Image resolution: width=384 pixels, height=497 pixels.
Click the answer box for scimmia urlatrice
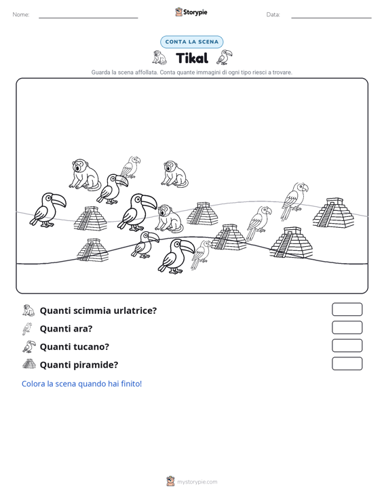click(347, 309)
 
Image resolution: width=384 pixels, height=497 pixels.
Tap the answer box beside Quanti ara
click(347, 327)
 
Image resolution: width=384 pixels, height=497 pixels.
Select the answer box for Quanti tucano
click(347, 346)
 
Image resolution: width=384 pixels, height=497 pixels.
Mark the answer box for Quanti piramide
click(347, 363)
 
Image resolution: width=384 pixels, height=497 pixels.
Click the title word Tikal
click(192, 58)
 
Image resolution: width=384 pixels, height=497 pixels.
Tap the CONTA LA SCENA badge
click(192, 42)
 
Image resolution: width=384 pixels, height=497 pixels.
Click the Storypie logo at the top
click(191, 12)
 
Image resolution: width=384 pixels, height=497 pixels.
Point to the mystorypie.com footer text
click(197, 482)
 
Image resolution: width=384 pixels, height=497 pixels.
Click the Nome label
click(21, 15)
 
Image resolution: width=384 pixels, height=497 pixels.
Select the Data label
click(273, 15)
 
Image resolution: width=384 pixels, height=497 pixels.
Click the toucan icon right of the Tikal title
click(225, 58)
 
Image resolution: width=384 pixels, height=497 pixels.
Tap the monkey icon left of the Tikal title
click(159, 58)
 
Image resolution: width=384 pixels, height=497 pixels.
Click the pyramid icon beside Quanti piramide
click(29, 364)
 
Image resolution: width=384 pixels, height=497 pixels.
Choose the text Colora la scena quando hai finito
click(81, 384)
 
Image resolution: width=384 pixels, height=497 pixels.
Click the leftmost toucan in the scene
click(47, 210)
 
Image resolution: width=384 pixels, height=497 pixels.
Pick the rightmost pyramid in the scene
click(333, 212)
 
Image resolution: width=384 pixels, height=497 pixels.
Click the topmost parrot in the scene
click(130, 167)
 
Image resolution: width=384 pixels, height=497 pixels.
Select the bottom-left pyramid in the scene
click(92, 250)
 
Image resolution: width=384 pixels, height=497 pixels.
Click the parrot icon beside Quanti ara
click(27, 329)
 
